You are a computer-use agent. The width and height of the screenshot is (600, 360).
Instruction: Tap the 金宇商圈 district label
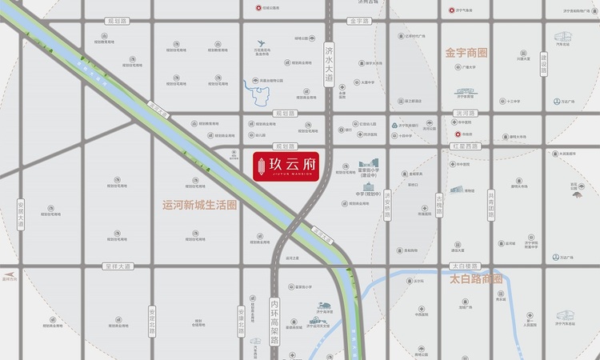coord(466,53)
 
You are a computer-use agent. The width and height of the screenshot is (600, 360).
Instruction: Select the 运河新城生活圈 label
coord(199,206)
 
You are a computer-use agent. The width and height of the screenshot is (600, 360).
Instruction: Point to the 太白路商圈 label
coord(475,279)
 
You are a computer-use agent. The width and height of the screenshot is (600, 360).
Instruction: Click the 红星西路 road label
coord(464,146)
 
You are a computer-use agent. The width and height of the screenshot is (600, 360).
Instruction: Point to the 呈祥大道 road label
coord(116,266)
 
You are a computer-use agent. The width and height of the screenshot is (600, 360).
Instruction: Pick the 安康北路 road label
coord(241,321)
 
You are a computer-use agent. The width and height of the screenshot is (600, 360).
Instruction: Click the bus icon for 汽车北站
coord(561,36)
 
